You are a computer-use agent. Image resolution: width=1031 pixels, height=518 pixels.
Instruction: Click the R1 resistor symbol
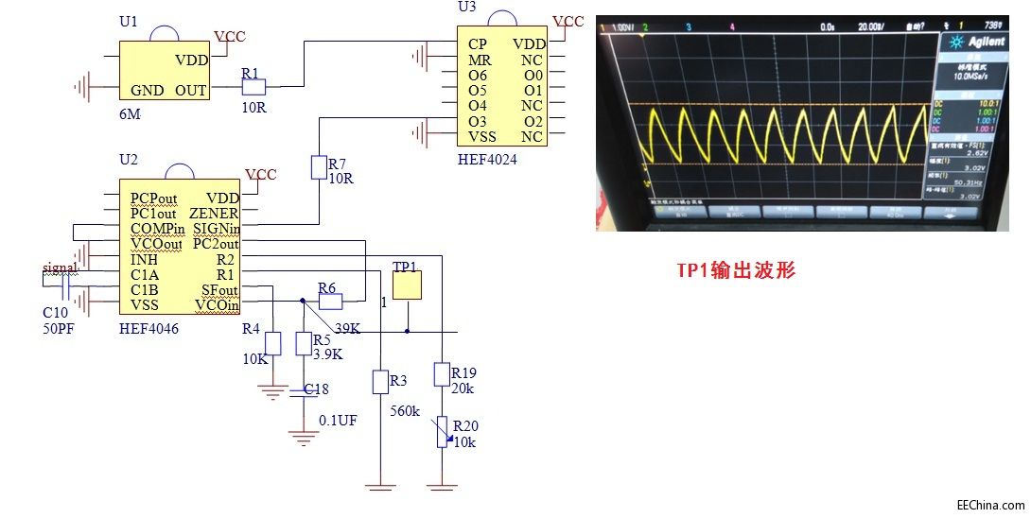pyautogui.click(x=253, y=87)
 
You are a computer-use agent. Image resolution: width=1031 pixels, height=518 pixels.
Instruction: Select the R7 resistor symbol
pyautogui.click(x=318, y=168)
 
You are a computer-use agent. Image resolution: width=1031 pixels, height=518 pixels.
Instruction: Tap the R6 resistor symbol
pyautogui.click(x=330, y=302)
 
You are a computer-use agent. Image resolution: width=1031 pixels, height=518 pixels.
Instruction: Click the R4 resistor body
pyautogui.click(x=273, y=343)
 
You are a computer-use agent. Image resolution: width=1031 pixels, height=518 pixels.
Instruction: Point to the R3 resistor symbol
pyautogui.click(x=379, y=382)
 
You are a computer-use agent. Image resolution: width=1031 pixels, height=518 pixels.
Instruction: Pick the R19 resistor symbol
pyautogui.click(x=441, y=375)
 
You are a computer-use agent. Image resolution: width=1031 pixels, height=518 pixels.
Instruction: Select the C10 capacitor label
pyautogui.click(x=55, y=311)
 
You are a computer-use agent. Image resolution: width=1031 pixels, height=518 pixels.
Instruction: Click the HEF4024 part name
pyautogui.click(x=487, y=160)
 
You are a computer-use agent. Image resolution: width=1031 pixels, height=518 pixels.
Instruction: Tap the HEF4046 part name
pyautogui.click(x=149, y=328)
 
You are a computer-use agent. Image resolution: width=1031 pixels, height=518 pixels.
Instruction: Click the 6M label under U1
pyautogui.click(x=129, y=112)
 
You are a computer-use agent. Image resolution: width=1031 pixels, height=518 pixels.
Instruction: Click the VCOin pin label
pyautogui.click(x=217, y=305)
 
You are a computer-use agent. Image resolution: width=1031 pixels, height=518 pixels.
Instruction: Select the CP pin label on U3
pyautogui.click(x=478, y=43)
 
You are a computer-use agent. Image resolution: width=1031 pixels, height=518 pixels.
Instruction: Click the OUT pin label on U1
pyautogui.click(x=191, y=91)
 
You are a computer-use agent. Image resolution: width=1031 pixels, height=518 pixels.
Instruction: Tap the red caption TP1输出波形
pyautogui.click(x=735, y=270)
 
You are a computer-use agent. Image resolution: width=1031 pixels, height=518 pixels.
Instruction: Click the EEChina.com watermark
pyautogui.click(x=990, y=506)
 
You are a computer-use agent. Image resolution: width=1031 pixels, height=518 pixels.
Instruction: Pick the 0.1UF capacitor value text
pyautogui.click(x=338, y=420)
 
